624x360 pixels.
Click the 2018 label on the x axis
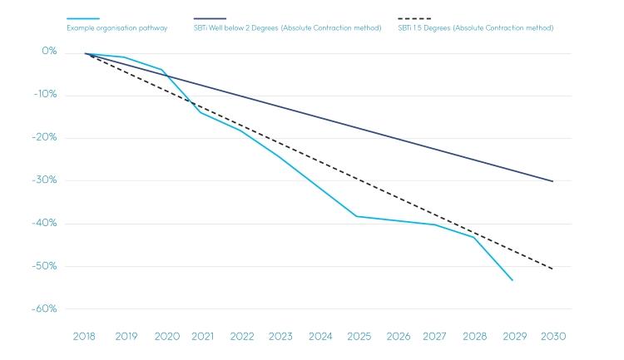tap(84, 337)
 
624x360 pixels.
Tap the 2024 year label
tap(320, 337)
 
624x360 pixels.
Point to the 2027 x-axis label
tap(434, 337)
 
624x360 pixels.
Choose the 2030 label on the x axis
tap(553, 337)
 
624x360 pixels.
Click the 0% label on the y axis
tap(49, 52)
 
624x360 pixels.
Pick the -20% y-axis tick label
tap(46, 137)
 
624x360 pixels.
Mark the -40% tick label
tap(46, 223)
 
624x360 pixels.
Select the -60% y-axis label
tap(46, 308)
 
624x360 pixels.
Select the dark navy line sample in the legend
tap(210, 18)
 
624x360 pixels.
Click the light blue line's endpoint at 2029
tap(513, 280)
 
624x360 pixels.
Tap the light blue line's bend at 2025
tap(356, 216)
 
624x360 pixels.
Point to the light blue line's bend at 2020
tap(161, 69)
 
